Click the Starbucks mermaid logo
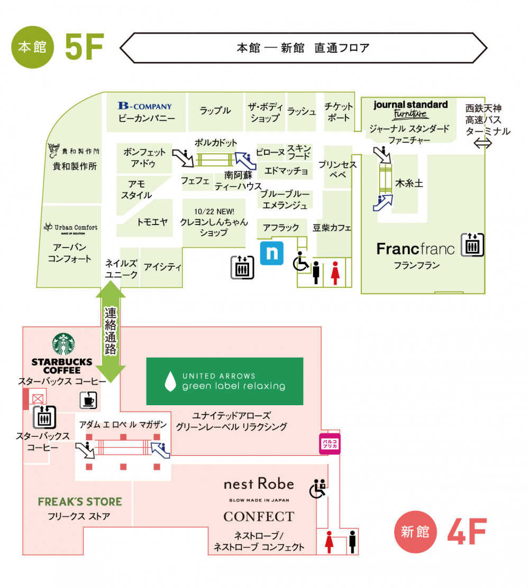(x=63, y=344)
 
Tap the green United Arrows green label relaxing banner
(x=225, y=381)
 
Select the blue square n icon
(x=272, y=253)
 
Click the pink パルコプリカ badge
(x=329, y=444)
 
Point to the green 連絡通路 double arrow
(x=111, y=331)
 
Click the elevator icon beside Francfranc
(x=472, y=245)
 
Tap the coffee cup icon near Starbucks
(x=88, y=400)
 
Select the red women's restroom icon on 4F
(x=330, y=542)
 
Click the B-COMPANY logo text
(x=144, y=106)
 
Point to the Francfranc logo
(x=415, y=249)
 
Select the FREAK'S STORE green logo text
(x=80, y=502)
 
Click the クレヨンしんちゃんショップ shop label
(x=214, y=222)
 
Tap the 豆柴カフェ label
(x=332, y=228)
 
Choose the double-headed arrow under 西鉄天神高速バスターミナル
(x=482, y=143)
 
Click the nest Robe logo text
(x=259, y=484)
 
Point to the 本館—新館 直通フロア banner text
(x=303, y=48)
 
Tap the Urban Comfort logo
(x=71, y=228)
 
